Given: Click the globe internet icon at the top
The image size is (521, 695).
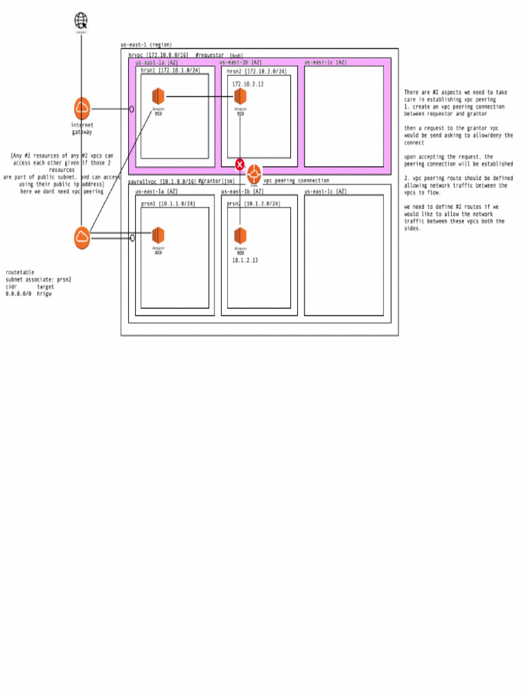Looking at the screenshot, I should point(81,20).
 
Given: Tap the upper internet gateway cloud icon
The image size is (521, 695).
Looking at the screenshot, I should point(82,108).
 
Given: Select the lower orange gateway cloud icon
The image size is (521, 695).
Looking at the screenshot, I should point(82,237).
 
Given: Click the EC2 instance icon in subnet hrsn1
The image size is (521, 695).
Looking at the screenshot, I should point(158,96).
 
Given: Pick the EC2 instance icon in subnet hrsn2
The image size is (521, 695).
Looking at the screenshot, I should point(240,96).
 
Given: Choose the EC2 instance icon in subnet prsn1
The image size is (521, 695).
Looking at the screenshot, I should point(158,236).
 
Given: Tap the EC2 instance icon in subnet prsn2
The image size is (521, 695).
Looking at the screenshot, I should point(240,236).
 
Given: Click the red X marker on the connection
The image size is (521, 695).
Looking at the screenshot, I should point(240,164).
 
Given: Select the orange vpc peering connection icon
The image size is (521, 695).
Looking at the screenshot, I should point(254,172).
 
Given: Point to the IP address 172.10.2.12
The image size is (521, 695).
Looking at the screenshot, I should point(248,84).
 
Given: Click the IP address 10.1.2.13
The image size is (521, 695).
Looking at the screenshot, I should point(245,260).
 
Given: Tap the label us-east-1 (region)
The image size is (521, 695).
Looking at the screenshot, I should point(146,45).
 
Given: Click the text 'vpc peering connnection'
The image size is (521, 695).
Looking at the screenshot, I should point(296,181).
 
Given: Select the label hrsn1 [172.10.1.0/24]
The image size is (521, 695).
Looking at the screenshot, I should point(170,70).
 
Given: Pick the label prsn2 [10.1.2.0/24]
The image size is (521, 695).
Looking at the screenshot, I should point(253,203).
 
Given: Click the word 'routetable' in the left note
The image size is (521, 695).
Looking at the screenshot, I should point(20,272).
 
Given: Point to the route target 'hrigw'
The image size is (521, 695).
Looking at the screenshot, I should point(44,294).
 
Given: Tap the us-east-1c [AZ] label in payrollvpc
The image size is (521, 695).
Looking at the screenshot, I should point(325,191).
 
